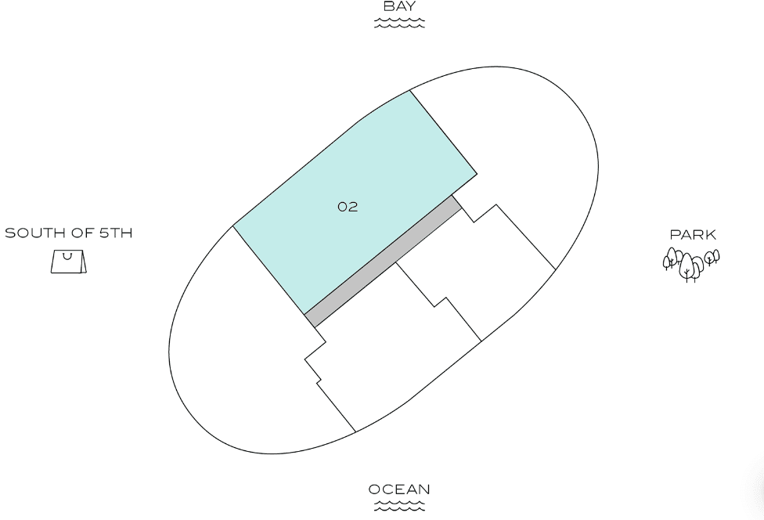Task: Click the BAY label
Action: [x=399, y=7]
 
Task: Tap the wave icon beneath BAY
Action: [x=399, y=23]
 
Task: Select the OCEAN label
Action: [x=399, y=489]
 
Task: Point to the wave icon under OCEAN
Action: [x=399, y=506]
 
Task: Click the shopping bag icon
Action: [x=68, y=262]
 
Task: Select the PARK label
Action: [x=693, y=234]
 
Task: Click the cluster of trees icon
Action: [x=690, y=264]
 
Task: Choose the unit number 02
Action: [x=348, y=207]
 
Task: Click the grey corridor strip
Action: [x=384, y=261]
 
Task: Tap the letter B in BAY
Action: [x=388, y=7]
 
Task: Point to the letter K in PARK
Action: [x=710, y=234]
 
